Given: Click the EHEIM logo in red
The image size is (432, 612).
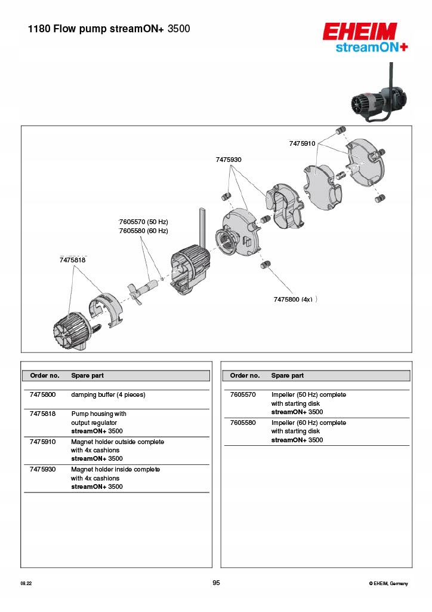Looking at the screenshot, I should pos(360,31).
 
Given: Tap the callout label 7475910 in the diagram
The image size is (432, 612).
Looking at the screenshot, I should pos(302,143).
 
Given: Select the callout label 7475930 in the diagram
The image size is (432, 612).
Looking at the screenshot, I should pos(229,160).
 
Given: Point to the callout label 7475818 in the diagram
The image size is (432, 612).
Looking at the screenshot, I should pos(73,259).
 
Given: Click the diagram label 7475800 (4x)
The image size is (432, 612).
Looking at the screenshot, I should pos(293,299).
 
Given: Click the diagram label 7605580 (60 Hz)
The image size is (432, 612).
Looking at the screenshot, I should pos(143,231).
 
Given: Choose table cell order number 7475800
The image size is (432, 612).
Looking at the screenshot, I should pos(42,394).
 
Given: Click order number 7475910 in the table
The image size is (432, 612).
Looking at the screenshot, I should pos(42,442).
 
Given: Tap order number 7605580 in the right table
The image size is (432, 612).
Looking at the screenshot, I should pos(243,423).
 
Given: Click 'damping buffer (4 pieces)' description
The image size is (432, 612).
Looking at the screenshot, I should pos(108,394).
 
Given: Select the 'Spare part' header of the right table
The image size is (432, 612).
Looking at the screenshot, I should pos(288,375).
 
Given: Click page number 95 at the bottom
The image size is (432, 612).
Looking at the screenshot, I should pos(216,583).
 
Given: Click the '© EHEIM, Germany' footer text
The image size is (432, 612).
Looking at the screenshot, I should pos(389,583).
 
